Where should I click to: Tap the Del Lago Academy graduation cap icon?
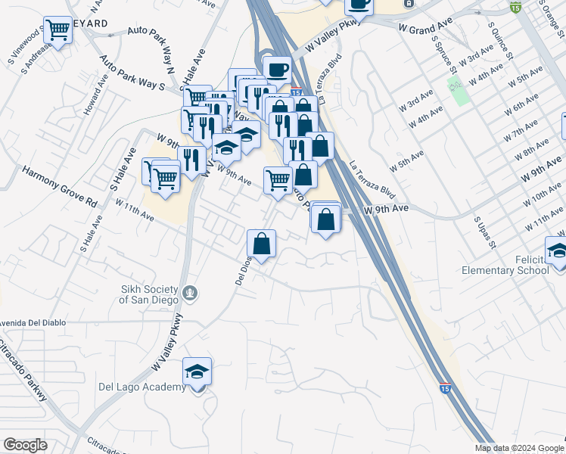tap(197, 371)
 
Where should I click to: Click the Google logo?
tap(25, 445)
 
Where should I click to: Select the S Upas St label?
tap(484, 232)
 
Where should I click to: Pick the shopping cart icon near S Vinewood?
tap(58, 30)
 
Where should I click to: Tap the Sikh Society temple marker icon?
tap(191, 292)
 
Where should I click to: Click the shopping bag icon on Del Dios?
tap(261, 244)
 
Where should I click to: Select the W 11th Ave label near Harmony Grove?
tap(134, 210)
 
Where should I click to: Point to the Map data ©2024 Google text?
tap(518, 448)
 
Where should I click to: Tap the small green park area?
tap(458, 90)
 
